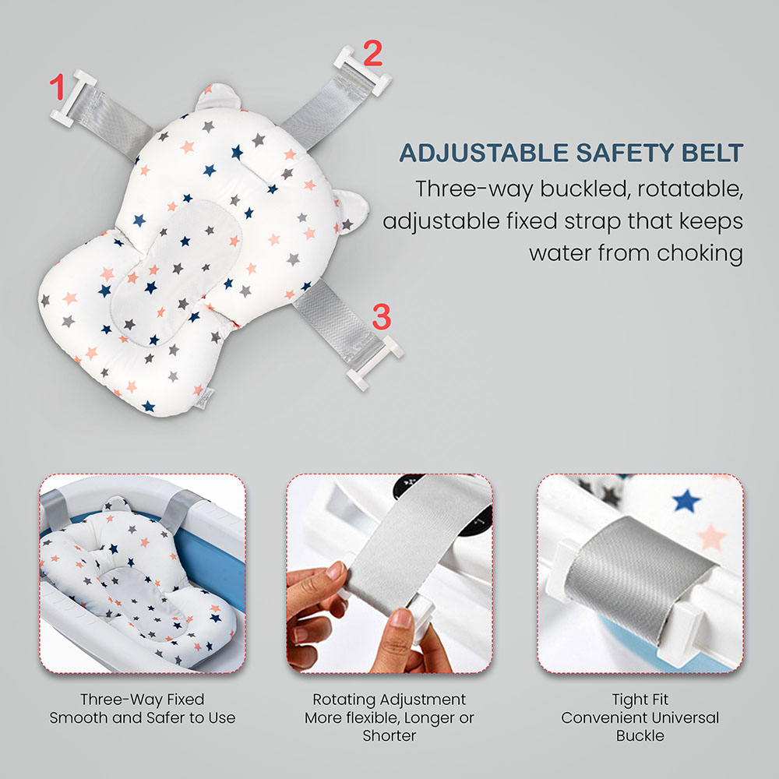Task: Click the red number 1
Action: click(x=57, y=86)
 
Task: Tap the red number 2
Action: click(x=372, y=53)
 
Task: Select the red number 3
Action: click(x=382, y=316)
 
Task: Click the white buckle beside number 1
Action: click(x=72, y=98)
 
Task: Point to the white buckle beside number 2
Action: click(x=363, y=71)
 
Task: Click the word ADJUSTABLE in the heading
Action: click(x=484, y=153)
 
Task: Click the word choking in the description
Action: click(x=700, y=253)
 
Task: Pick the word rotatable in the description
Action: click(x=690, y=189)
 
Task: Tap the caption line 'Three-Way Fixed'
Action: click(x=142, y=700)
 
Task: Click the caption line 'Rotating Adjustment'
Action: click(x=389, y=700)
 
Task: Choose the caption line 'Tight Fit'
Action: click(x=640, y=700)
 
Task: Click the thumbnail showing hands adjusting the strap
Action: click(x=389, y=574)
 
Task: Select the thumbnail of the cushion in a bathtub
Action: click(x=143, y=574)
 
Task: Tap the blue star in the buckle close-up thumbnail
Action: click(x=686, y=500)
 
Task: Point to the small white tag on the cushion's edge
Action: click(x=205, y=398)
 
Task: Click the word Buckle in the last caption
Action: click(x=640, y=735)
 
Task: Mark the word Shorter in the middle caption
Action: click(x=389, y=735)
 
